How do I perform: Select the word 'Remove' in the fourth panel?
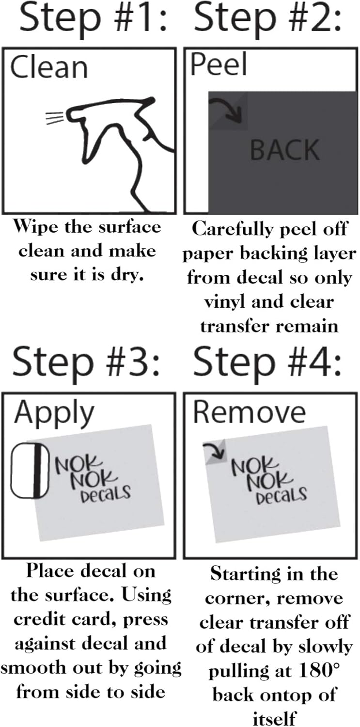(x=250, y=412)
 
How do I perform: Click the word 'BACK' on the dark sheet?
(x=285, y=150)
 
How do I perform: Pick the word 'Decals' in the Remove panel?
(x=282, y=496)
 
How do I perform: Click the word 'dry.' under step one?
(x=127, y=275)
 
